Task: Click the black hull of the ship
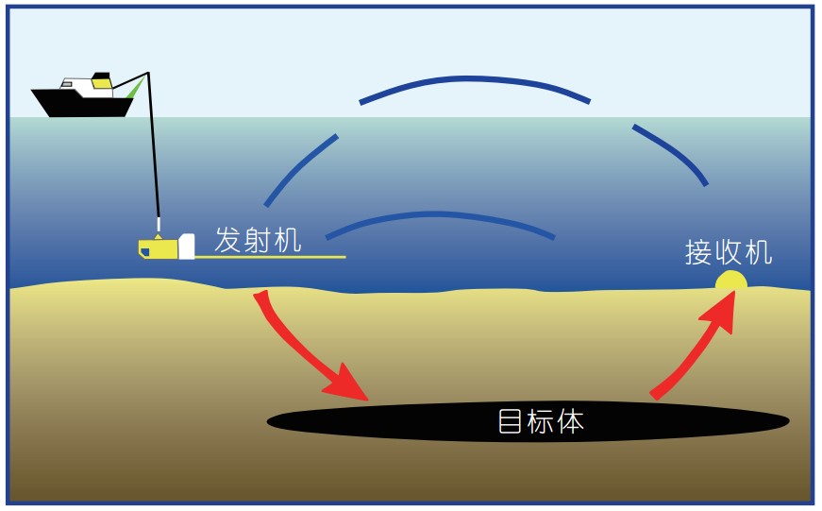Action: coord(80,104)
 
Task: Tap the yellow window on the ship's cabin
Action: coord(101,84)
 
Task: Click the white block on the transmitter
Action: coord(186,247)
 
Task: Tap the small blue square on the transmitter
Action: coord(144,252)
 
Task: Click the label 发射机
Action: coord(258,240)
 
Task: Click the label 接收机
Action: coord(728,252)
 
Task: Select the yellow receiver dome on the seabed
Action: coord(730,281)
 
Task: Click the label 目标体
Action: coord(541,422)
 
